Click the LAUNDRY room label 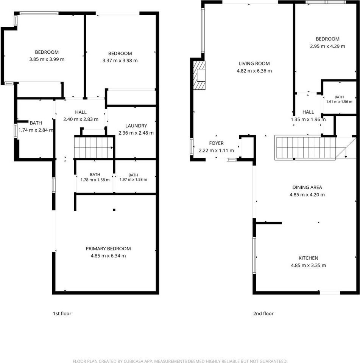click(x=136, y=126)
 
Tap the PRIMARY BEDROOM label click(x=108, y=249)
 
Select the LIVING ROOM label click(x=254, y=64)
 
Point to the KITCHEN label click(x=308, y=258)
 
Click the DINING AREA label click(x=307, y=187)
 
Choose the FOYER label click(x=216, y=143)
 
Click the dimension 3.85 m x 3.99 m click(x=47, y=59)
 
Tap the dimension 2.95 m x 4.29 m click(x=327, y=46)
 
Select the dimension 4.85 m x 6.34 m click(x=108, y=256)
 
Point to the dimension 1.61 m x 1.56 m click(x=339, y=102)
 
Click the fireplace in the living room click(x=199, y=75)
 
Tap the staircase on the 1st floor click(x=94, y=147)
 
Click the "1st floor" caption click(x=62, y=313)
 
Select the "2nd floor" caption click(x=263, y=313)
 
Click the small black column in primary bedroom click(x=114, y=210)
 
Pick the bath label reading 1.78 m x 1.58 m click(x=95, y=177)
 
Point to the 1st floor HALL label click(x=81, y=112)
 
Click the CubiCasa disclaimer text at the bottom click(x=180, y=361)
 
